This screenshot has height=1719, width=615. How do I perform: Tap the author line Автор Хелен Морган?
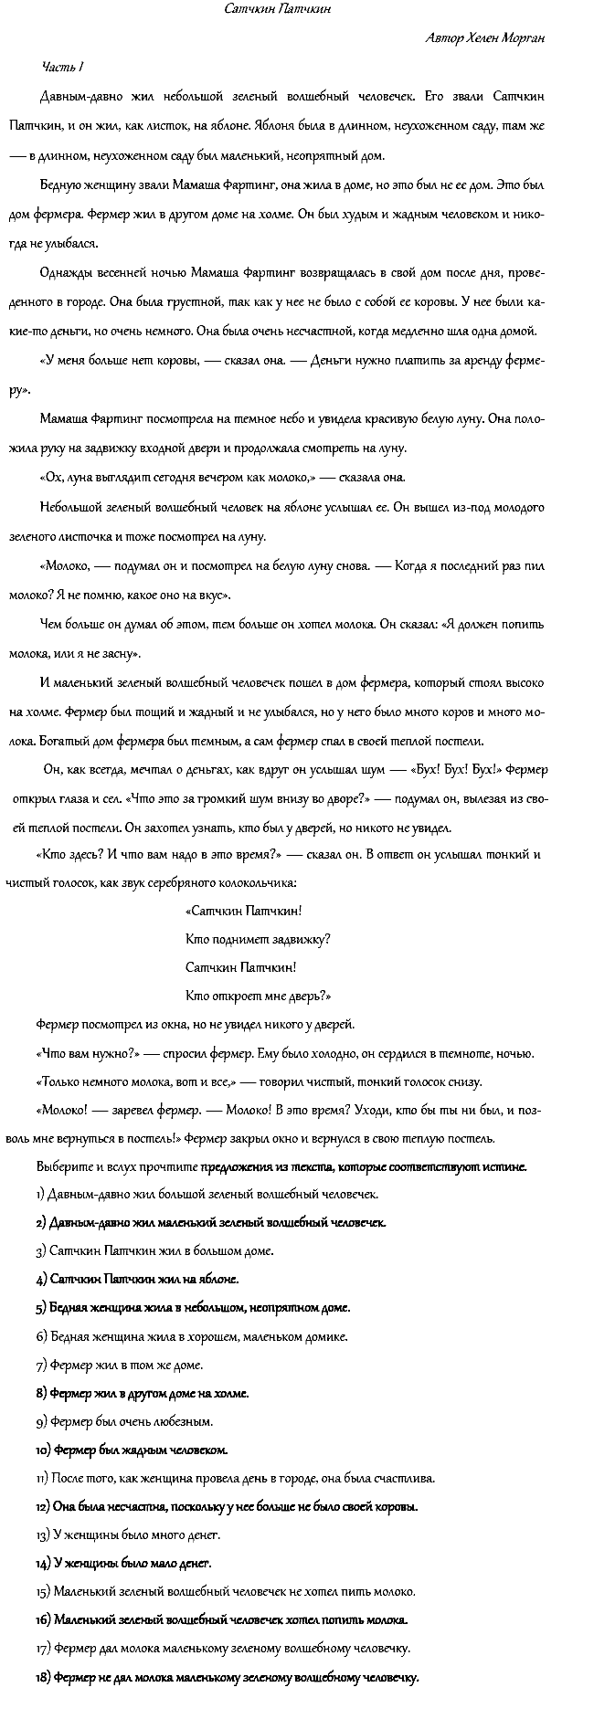tap(486, 38)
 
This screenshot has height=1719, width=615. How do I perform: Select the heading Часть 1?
tap(63, 67)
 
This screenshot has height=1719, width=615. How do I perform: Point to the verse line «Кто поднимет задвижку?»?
tap(258, 939)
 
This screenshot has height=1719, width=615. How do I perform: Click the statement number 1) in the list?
tap(40, 1194)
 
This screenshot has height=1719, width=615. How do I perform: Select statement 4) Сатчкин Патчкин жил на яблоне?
tap(137, 1279)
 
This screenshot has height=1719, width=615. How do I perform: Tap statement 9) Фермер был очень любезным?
tap(124, 1421)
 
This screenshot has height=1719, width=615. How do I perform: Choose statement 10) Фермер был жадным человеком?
tap(132, 1450)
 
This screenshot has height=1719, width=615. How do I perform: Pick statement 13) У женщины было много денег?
tap(128, 1535)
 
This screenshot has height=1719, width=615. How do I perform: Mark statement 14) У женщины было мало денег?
tap(124, 1564)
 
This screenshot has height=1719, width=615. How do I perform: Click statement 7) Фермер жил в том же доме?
tap(120, 1365)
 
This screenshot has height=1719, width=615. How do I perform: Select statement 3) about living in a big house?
tap(154, 1250)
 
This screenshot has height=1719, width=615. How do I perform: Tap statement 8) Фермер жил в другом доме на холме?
tap(142, 1393)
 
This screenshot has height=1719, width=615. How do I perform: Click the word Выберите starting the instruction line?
tap(62, 1166)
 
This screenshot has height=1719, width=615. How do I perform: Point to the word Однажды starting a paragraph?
tap(64, 273)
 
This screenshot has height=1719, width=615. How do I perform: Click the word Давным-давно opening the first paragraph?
tap(79, 96)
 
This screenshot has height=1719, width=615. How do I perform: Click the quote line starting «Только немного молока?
tap(258, 1082)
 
